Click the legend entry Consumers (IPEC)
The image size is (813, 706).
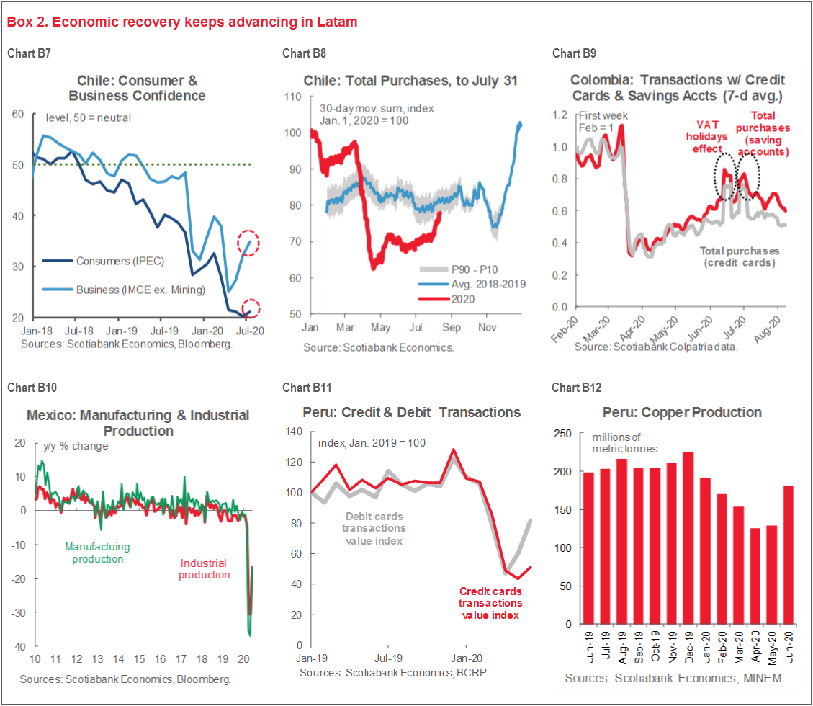[x=95, y=260]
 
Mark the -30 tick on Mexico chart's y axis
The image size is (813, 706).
[x=16, y=613]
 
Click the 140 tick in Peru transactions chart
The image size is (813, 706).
[x=294, y=432]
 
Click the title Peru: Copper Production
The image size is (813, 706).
[x=682, y=413]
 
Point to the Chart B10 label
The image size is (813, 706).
[x=32, y=388]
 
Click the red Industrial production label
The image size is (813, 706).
[x=204, y=569]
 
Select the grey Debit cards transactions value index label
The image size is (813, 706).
[x=374, y=529]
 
